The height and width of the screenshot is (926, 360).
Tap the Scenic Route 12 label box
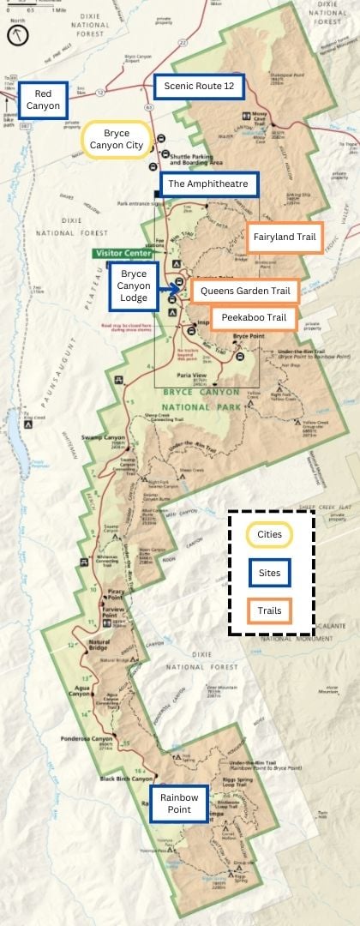[199, 87]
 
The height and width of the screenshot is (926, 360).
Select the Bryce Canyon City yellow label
[117, 140]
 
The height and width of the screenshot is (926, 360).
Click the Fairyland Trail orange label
[285, 214]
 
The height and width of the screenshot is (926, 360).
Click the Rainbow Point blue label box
[178, 803]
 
